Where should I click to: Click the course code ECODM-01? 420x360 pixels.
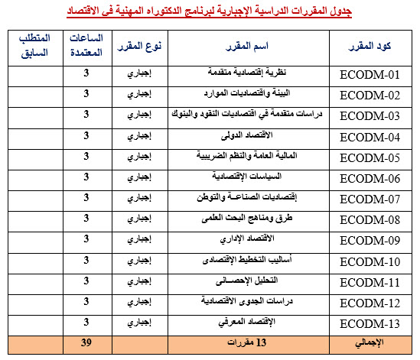coord(370,75)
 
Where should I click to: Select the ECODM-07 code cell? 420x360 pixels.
coord(370,199)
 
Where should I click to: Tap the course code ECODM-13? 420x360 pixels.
coord(370,323)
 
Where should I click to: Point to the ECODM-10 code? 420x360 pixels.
coord(370,261)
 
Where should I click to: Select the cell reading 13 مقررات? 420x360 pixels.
coord(246,342)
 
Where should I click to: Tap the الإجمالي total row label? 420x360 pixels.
coord(370,342)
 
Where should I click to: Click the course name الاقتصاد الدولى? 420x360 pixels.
coord(246,137)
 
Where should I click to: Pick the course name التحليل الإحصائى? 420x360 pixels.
coord(246,281)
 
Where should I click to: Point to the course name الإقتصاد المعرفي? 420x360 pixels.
coord(246,323)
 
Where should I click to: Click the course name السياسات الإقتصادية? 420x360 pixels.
coord(246,178)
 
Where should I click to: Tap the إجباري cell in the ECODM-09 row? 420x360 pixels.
coord(139,240)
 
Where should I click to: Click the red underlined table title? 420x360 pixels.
coord(210,11)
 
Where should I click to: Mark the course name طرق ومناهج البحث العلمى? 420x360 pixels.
coord(246,219)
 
